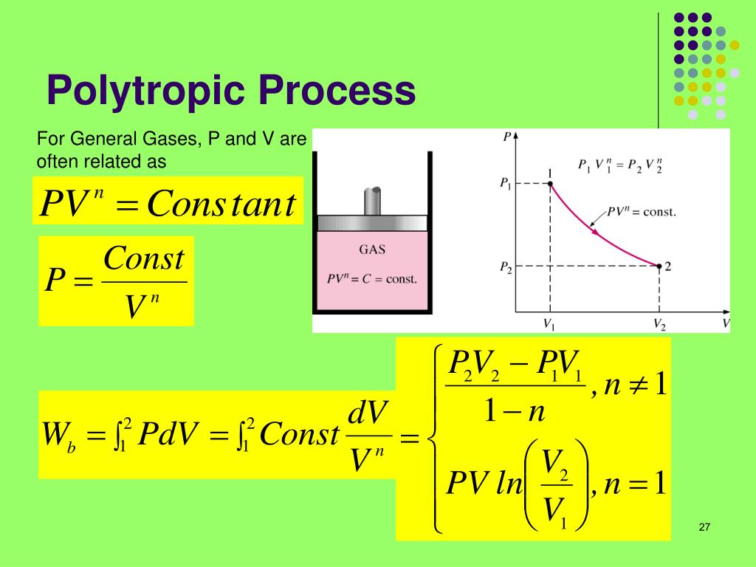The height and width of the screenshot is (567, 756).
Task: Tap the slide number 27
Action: pyautogui.click(x=704, y=527)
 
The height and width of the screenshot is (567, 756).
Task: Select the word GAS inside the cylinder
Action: pyautogui.click(x=372, y=250)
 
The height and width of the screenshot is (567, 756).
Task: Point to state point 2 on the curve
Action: pyautogui.click(x=659, y=267)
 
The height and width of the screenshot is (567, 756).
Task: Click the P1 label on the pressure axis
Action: pyautogui.click(x=506, y=183)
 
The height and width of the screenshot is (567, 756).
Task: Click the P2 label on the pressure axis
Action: pyautogui.click(x=506, y=267)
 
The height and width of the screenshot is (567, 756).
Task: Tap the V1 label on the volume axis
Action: pyautogui.click(x=549, y=323)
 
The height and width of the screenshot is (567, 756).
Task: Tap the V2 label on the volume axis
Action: pyautogui.click(x=659, y=323)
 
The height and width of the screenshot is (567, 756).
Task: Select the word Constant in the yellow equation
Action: pyautogui.click(x=221, y=203)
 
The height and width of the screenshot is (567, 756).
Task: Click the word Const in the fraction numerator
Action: pyautogui.click(x=143, y=259)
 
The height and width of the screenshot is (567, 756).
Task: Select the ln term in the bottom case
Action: pyautogui.click(x=509, y=484)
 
